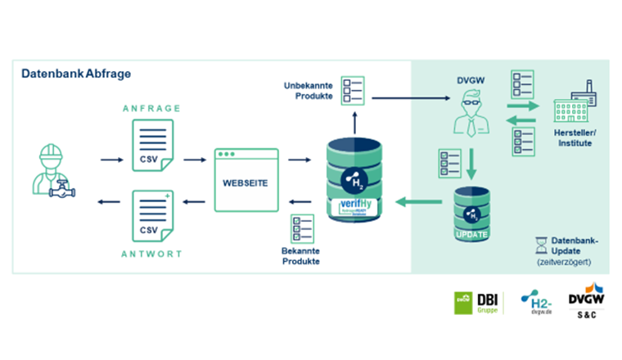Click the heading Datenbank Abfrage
pyautogui.click(x=76, y=74)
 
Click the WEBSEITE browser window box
pyautogui.click(x=246, y=179)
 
